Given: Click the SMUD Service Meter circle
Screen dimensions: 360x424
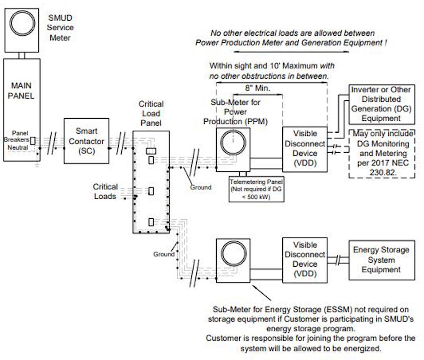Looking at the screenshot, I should [x=22, y=23].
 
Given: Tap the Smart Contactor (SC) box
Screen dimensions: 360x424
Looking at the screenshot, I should [x=86, y=141].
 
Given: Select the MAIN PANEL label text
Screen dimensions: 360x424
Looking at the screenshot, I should [x=21, y=91].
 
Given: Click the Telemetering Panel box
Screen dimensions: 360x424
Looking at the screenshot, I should [x=256, y=189].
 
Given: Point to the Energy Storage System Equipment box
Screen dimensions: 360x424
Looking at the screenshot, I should [x=382, y=260].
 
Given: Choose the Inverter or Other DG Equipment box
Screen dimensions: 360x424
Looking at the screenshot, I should [x=382, y=104].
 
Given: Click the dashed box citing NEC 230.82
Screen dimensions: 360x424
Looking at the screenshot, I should [x=382, y=153].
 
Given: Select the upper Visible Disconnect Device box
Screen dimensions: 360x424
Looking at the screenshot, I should [x=305, y=149].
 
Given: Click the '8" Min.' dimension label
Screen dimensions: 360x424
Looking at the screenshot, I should [x=257, y=88].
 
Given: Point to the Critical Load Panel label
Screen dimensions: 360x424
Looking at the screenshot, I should [x=151, y=113].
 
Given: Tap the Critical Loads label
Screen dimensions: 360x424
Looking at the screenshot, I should [x=105, y=192].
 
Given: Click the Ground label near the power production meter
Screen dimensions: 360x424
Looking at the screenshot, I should [x=201, y=187].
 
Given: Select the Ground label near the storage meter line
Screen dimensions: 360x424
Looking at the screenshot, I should [x=164, y=254].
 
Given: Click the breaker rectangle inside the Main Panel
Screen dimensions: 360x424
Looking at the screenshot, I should [x=33, y=141].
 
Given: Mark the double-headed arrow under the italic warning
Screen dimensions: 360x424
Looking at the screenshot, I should [x=291, y=52].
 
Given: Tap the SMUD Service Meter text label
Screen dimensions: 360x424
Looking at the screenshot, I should [x=60, y=28].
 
